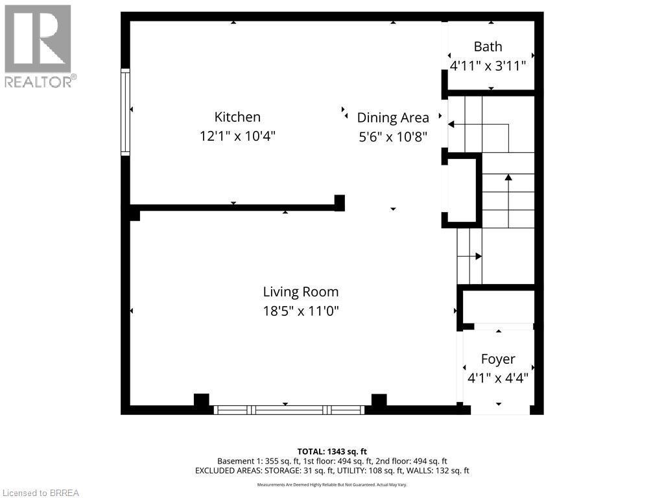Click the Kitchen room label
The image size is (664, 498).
(237, 117)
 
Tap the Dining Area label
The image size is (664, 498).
(393, 118)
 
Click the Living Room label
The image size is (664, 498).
(300, 292)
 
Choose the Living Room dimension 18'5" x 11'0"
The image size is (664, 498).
(300, 311)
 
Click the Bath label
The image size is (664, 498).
(488, 47)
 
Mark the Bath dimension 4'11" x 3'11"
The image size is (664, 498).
(488, 65)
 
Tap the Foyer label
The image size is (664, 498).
(498, 359)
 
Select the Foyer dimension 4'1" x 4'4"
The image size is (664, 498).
(498, 377)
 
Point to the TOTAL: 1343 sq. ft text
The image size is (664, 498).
(332, 451)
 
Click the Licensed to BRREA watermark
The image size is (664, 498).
(40, 493)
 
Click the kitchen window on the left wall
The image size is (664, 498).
(126, 112)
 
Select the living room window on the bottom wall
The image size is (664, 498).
(289, 410)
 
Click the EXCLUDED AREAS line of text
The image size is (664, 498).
(332, 471)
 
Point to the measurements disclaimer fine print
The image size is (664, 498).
(332, 484)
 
